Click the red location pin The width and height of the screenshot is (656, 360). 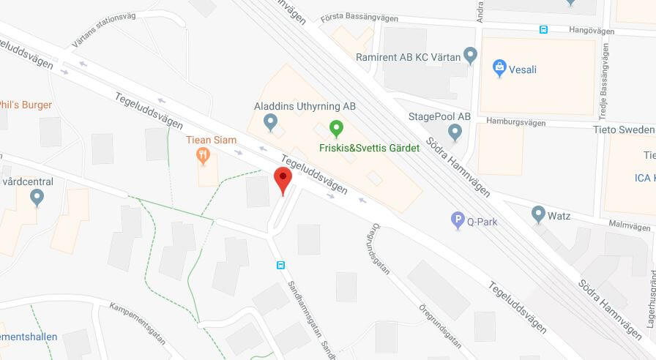tap(283, 179)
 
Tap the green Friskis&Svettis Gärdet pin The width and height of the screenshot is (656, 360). tap(336, 129)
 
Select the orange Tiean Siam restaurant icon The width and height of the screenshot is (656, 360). tap(204, 155)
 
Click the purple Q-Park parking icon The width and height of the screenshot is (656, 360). tap(458, 218)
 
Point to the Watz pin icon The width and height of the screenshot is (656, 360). tap(539, 214)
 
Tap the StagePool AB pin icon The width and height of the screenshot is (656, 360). tap(455, 132)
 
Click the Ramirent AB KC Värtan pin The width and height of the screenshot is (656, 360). tap(471, 55)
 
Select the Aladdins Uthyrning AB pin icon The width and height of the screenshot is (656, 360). tap(271, 121)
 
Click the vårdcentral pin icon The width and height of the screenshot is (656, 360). tap(37, 197)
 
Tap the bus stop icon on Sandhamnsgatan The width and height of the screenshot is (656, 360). tap(280, 265)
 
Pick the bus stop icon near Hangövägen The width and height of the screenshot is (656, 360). tap(543, 29)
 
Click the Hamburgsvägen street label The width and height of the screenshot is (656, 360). tap(516, 123)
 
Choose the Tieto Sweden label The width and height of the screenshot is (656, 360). tap(623, 130)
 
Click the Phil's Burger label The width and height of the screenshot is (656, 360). tap(26, 105)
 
